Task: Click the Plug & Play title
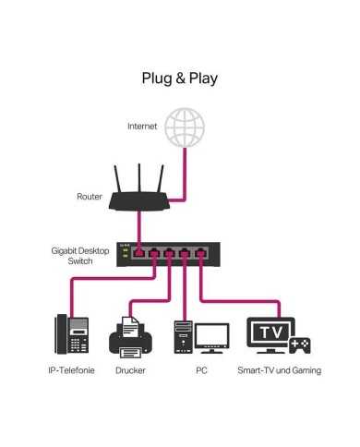[x=179, y=78]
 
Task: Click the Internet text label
[x=142, y=126]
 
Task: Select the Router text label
[x=89, y=196]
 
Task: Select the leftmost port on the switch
[x=138, y=252]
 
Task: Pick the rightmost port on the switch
[x=198, y=252]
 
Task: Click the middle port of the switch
[x=169, y=252]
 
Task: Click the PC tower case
[x=182, y=337]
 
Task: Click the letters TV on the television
[x=270, y=331]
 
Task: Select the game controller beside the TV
[x=300, y=345]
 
